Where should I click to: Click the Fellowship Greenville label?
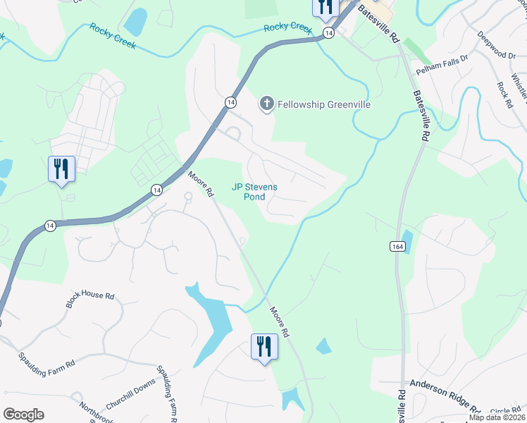(x=323, y=104)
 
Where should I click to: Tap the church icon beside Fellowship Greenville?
(x=266, y=104)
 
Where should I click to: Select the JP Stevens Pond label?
(x=255, y=192)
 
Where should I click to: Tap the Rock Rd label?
(x=504, y=94)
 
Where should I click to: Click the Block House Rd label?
(x=89, y=299)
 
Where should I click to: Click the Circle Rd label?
(x=505, y=410)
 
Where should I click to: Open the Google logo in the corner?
(x=23, y=415)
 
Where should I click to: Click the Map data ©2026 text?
(x=497, y=417)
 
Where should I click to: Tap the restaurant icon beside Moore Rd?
(x=265, y=347)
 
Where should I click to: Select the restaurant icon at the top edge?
(x=325, y=6)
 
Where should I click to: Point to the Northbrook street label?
(x=96, y=413)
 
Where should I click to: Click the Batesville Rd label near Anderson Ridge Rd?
(x=402, y=405)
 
